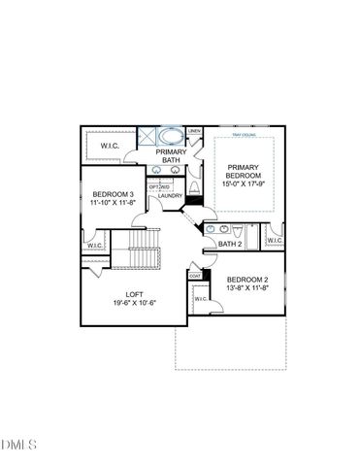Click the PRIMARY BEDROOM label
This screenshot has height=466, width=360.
242,172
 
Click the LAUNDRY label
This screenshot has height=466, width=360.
171,196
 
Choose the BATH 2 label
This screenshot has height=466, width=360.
230,244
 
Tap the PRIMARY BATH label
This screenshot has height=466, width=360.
172,155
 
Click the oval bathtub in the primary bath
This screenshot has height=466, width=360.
172,135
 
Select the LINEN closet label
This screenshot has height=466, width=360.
193,131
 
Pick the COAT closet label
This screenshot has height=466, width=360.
194,276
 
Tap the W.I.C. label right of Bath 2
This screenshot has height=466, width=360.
274,240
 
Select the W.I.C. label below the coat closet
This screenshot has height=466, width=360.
200,298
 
